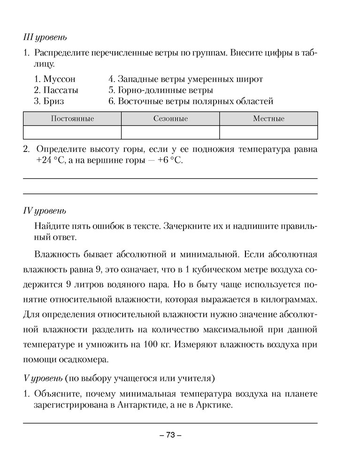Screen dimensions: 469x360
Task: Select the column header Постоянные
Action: pyautogui.click(x=72, y=119)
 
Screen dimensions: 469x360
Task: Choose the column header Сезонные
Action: pyautogui.click(x=170, y=119)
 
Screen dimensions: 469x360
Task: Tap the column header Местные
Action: pyautogui.click(x=268, y=119)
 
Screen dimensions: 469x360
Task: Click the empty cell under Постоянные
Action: pyautogui.click(x=72, y=132)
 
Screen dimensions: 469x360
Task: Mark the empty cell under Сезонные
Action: pyautogui.click(x=170, y=132)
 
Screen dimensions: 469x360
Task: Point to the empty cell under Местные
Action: pyautogui.click(x=268, y=132)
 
